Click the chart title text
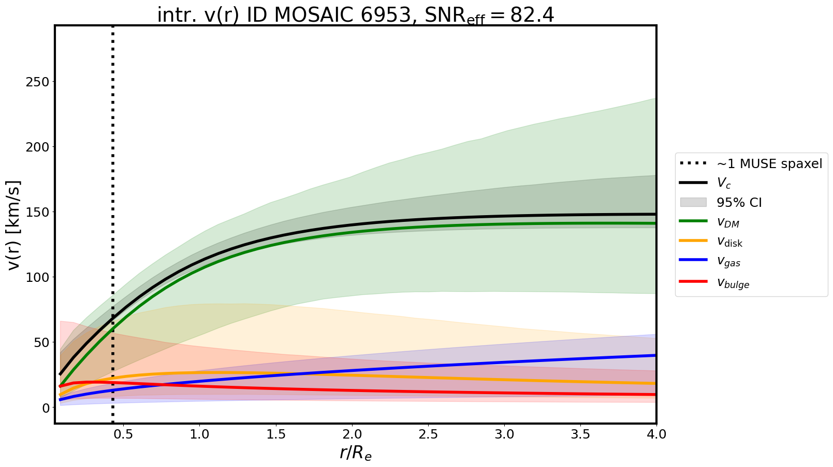click(x=356, y=16)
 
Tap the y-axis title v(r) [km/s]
click(x=14, y=225)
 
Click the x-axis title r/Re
click(x=356, y=453)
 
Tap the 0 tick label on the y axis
click(x=45, y=408)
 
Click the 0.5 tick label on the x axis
click(x=123, y=434)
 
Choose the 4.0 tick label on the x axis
click(x=656, y=434)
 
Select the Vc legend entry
click(x=723, y=183)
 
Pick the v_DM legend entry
click(x=727, y=222)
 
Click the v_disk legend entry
click(x=729, y=242)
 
